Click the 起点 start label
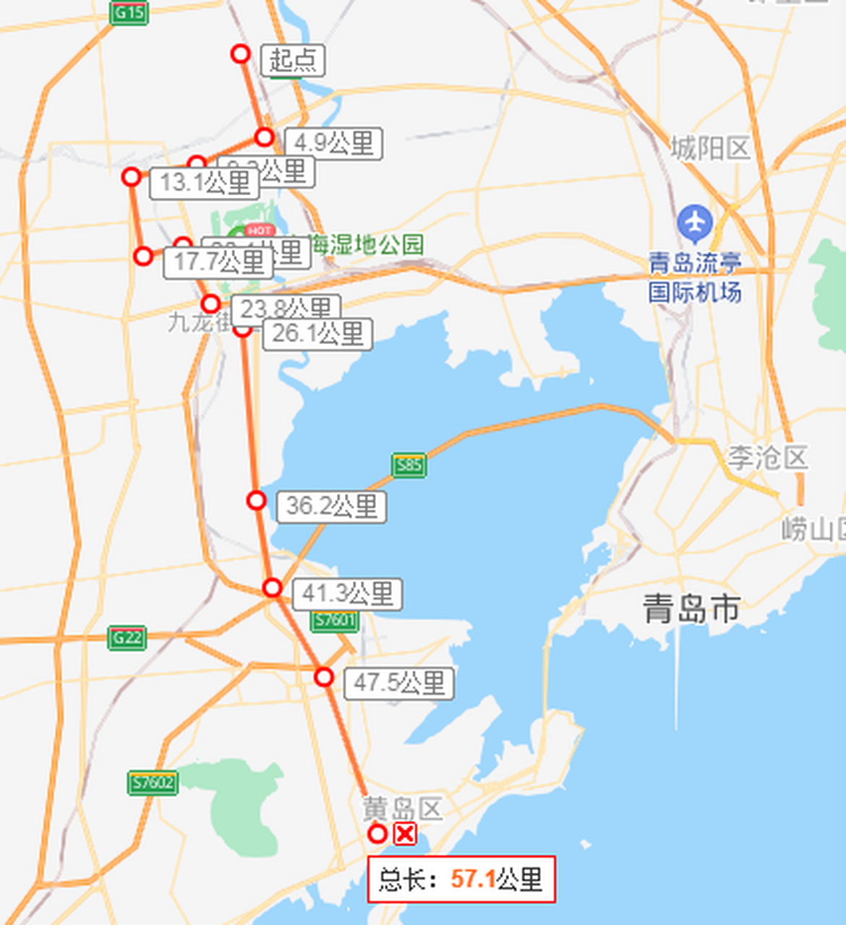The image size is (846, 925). pos(293,60)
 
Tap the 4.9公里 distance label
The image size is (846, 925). pos(333,143)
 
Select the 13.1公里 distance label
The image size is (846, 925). pos(205,184)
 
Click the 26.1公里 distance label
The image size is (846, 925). pos(317,335)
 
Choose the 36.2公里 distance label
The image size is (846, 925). pos(331,507)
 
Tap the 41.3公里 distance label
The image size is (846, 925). pos(347,594)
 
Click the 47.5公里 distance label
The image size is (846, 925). pos(398,684)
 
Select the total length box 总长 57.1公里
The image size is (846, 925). pos(461,879)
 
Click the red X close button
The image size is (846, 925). pos(405,834)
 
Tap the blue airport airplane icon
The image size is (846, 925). pos(696,223)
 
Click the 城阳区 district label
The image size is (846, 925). pos(710,149)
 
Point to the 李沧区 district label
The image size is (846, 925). pos(766,458)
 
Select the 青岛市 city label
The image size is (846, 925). pos(691,609)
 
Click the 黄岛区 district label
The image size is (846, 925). pos(402,808)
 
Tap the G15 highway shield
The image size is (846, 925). pos(129,12)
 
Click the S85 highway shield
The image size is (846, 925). pos(409,465)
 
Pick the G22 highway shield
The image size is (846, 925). pos(127,637)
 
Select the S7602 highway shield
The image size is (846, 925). pos(153,783)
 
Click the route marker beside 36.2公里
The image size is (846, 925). pos(257,500)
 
